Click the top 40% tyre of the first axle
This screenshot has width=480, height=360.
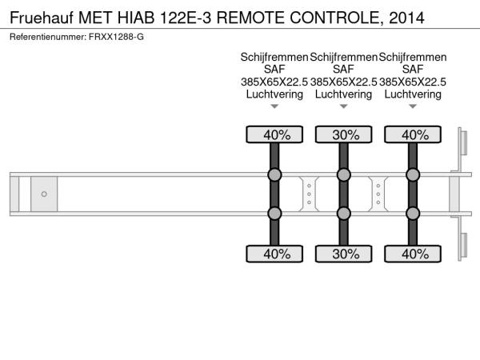(x=274, y=135)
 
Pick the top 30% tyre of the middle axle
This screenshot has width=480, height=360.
(x=344, y=135)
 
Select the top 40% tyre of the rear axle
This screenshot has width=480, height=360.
(x=413, y=135)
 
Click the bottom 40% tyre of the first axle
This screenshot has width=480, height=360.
(x=274, y=254)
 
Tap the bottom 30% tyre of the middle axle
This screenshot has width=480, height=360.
(x=344, y=254)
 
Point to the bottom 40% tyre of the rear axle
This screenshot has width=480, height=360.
(x=413, y=254)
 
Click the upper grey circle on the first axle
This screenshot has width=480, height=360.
(x=274, y=175)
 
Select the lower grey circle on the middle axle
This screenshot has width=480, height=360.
(x=344, y=214)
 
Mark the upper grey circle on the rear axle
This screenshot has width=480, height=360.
(x=413, y=175)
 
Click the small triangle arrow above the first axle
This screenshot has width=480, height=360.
(x=274, y=106)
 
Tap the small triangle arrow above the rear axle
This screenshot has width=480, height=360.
(x=413, y=106)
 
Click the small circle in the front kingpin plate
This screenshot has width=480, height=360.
(x=43, y=194)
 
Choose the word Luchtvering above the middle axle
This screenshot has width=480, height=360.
(x=344, y=94)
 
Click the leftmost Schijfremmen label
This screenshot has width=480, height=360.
(x=274, y=58)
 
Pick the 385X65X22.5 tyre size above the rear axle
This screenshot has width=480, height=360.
(x=413, y=82)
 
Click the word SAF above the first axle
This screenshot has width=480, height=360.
(x=274, y=70)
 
